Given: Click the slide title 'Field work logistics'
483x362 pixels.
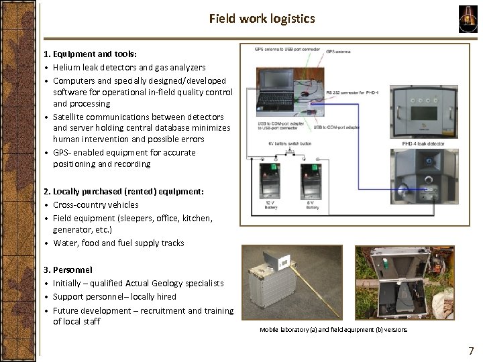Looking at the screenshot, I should (261, 19).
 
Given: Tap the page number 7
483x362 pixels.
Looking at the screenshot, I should (470, 351).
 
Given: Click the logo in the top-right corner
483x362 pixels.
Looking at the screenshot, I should (468, 18).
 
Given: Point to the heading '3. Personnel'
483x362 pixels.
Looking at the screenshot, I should (68, 270).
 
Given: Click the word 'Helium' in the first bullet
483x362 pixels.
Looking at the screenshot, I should (67, 67).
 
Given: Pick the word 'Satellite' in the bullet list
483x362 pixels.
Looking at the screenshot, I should (70, 116).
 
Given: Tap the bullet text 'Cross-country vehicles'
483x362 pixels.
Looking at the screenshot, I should (96, 205).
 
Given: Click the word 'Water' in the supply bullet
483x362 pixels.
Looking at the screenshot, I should (65, 243).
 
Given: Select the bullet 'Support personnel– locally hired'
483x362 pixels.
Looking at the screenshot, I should (115, 296).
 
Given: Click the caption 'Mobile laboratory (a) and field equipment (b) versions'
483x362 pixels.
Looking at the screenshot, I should (333, 330).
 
